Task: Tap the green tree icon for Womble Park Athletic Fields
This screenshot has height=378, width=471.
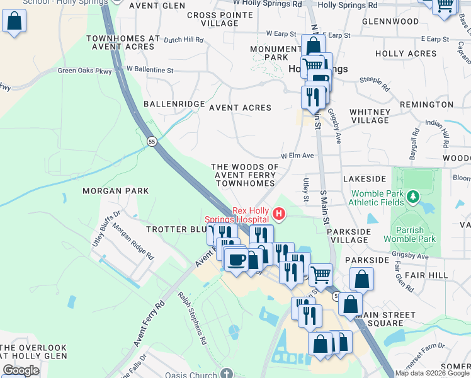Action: click(x=413, y=198)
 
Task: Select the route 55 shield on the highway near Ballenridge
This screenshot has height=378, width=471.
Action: click(x=152, y=142)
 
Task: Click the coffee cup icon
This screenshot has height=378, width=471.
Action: click(x=237, y=259)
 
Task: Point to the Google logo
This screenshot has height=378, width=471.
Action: click(x=21, y=370)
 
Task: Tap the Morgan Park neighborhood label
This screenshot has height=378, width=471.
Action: click(x=116, y=190)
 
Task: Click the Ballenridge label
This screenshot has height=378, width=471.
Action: click(x=174, y=103)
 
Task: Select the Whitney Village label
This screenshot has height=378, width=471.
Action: click(x=370, y=116)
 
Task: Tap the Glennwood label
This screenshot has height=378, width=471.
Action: click(x=390, y=21)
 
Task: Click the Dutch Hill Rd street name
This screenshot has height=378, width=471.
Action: click(x=184, y=40)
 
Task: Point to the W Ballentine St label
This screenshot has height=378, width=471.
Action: click(x=149, y=69)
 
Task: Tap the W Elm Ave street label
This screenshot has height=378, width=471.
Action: click(x=297, y=155)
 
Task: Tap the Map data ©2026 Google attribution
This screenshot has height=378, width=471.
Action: click(x=432, y=373)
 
